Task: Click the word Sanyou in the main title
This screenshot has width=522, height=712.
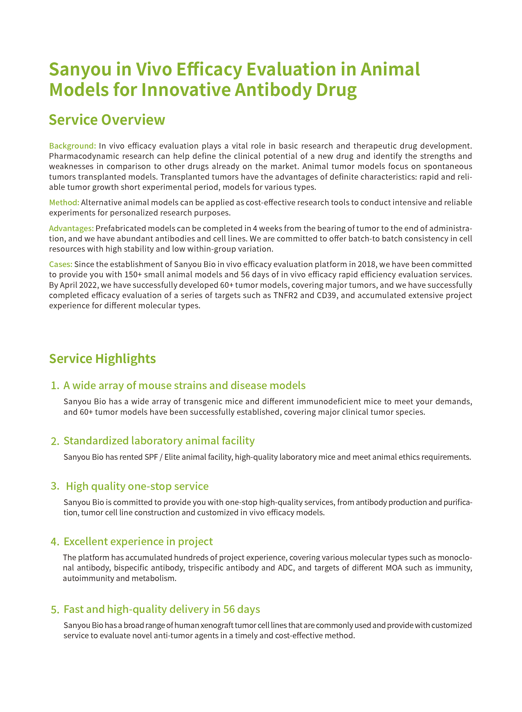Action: [80, 69]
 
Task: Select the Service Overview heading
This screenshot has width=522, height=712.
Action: [107, 120]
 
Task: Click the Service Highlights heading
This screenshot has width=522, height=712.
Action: [102, 359]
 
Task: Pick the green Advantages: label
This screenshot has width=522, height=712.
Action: [71, 228]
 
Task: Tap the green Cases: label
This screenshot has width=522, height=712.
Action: [61, 264]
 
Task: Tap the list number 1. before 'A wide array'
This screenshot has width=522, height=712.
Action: [55, 386]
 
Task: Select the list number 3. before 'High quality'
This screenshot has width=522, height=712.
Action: [55, 486]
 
